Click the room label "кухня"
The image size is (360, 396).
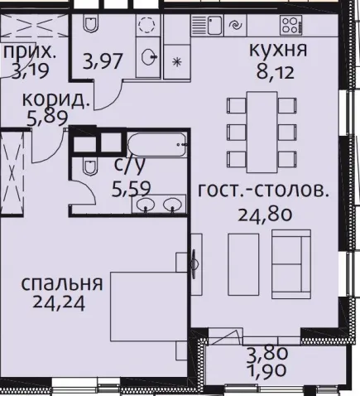tap(278, 51)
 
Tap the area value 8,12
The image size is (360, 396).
tap(276, 73)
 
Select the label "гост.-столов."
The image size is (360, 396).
tap(264, 191)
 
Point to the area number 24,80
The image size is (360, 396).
tap(265, 215)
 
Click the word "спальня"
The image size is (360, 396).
tap(62, 283)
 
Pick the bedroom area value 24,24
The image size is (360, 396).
tap(59, 303)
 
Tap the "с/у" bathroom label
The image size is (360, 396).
tap(129, 166)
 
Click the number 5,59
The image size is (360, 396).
tap(131, 189)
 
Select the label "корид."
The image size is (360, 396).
tap(56, 99)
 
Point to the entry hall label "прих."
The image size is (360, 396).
tap(30, 52)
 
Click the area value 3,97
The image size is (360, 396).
tap(103, 61)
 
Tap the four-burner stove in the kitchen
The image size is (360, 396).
tap(290, 25)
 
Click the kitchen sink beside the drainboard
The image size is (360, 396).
tap(214, 25)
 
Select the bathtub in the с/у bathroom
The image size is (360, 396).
tap(157, 144)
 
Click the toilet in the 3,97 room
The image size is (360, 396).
tap(90, 23)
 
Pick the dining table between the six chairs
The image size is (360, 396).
tap(262, 132)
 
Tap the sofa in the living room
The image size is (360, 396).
tap(291, 264)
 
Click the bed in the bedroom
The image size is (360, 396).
tap(148, 307)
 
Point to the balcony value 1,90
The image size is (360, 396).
tap(267, 370)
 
